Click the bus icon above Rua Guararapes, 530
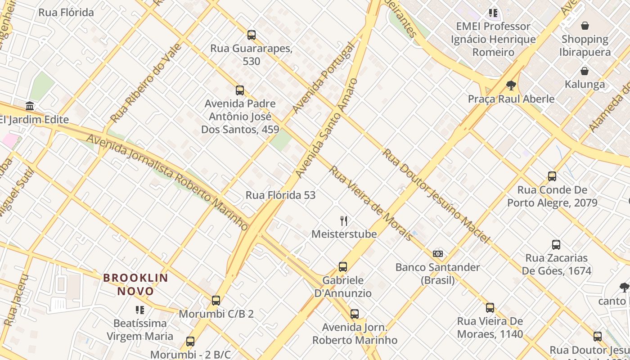coord(252,35)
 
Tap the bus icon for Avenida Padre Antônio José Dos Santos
coord(240,90)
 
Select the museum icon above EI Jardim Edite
coord(30,106)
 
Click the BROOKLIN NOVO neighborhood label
coord(135,284)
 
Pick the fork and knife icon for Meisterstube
coord(344,220)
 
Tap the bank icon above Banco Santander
coord(438,254)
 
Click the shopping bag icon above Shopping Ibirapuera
coord(585,26)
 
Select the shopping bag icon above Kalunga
coord(585,71)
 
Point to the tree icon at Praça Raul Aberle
coord(511,85)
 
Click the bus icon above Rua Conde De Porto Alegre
coord(552,176)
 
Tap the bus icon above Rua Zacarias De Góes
coord(556,245)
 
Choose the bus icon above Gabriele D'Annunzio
coord(343,267)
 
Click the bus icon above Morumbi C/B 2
coord(216,301)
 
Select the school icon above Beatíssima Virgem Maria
coord(140,310)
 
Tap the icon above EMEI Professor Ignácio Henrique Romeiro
coord(493,13)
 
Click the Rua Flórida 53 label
coord(280,195)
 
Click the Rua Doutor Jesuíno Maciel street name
coord(435,196)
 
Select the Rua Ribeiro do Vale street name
coord(146,83)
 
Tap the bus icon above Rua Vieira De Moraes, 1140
coord(490,308)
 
